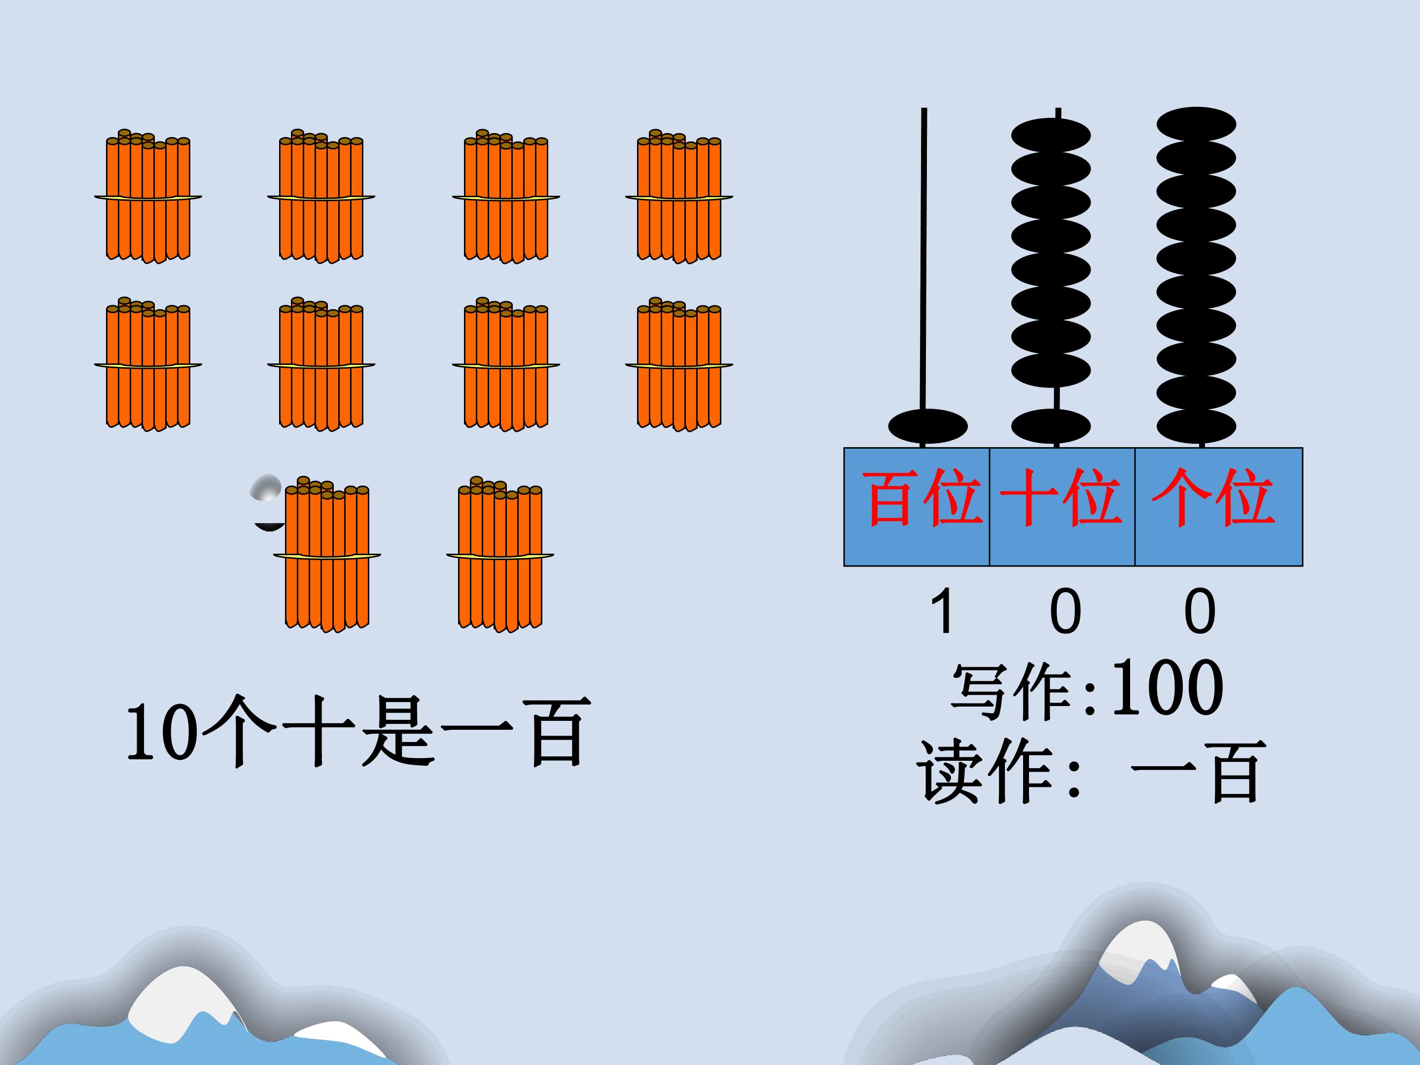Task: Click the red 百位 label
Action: pyautogui.click(x=923, y=498)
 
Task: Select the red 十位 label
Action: pyautogui.click(x=1061, y=498)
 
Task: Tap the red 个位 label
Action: pyautogui.click(x=1212, y=498)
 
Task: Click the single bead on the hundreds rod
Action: pyautogui.click(x=927, y=426)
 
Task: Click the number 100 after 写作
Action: pyautogui.click(x=1167, y=688)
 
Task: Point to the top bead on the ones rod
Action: pyautogui.click(x=1197, y=124)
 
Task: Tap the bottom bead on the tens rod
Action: pyautogui.click(x=1051, y=426)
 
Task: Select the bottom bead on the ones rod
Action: pyautogui.click(x=1197, y=426)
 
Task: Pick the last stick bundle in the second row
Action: pyautogui.click(x=679, y=365)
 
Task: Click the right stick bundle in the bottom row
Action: pyautogui.click(x=500, y=555)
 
